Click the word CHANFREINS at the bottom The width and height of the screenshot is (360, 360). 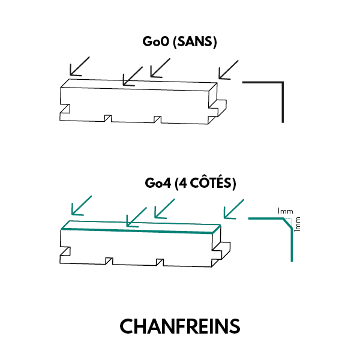pyautogui.click(x=180, y=326)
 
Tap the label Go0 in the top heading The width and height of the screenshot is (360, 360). pyautogui.click(x=154, y=42)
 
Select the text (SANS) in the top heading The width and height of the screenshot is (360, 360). pyautogui.click(x=194, y=42)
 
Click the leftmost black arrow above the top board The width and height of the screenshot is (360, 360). pyautogui.click(x=79, y=66)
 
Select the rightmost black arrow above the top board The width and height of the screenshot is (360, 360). pyautogui.click(x=228, y=70)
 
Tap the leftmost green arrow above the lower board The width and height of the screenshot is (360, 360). pyautogui.click(x=82, y=205)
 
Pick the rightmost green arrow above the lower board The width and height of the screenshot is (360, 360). pyautogui.click(x=233, y=208)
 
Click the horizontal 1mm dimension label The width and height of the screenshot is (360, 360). pyautogui.click(x=284, y=211)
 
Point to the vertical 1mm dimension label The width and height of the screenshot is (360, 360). pyautogui.click(x=298, y=224)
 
